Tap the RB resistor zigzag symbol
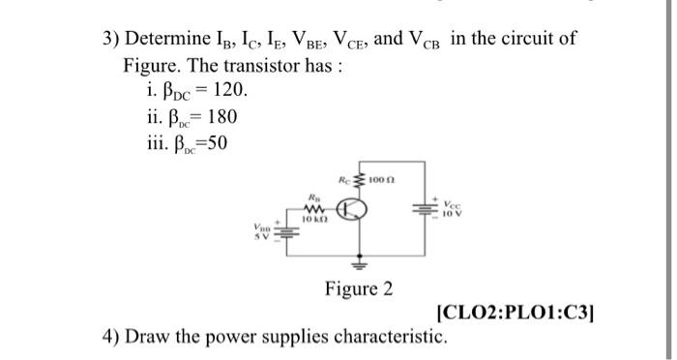pos(314,210)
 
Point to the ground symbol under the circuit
pos(367,260)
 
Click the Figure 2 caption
pos(358,287)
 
